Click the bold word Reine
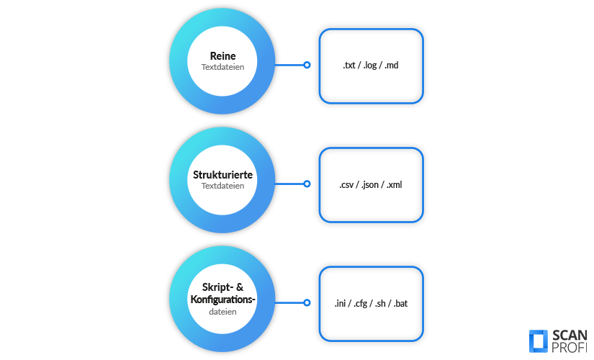tap(222, 56)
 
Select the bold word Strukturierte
tap(222, 175)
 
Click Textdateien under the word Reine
tap(222, 67)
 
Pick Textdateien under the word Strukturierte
tap(222, 186)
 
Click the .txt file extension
tap(350, 66)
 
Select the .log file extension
tap(371, 66)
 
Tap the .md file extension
tap(392, 66)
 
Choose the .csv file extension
tap(348, 184)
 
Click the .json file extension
tap(370, 184)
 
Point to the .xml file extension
tap(394, 184)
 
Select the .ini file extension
tap(341, 304)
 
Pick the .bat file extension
tap(400, 304)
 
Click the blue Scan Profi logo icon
tap(538, 341)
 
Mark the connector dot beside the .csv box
tap(307, 184)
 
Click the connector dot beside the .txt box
tap(307, 65)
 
